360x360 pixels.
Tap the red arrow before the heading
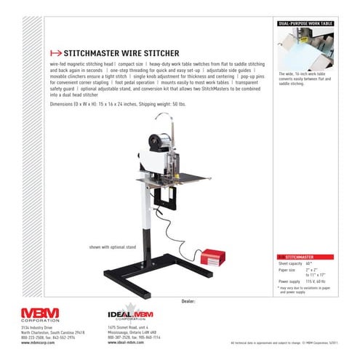pos(53,53)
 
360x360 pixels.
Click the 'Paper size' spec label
pos(287,268)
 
